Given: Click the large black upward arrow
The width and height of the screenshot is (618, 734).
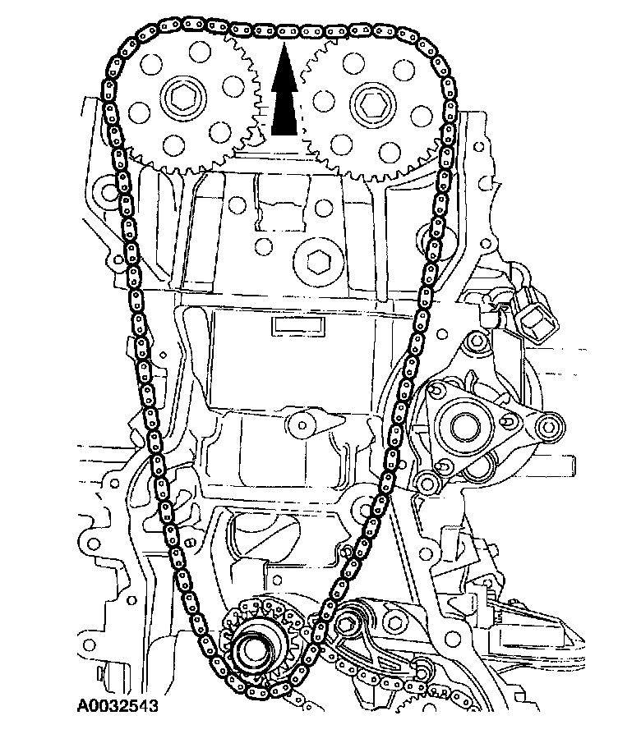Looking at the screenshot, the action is (x=282, y=94).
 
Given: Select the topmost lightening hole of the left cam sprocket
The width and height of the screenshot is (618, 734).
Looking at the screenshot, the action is (x=192, y=58).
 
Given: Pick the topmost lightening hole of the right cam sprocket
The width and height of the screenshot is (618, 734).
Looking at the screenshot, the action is (x=356, y=59).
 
